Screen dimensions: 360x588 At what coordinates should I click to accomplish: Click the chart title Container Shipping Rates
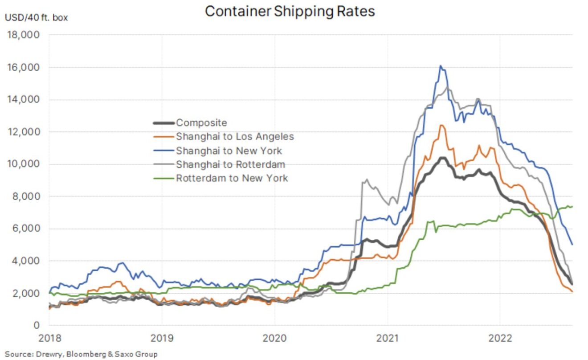click(x=290, y=11)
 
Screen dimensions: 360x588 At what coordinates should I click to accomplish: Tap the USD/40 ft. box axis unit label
click(x=37, y=18)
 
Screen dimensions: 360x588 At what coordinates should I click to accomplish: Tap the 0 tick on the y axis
click(x=37, y=325)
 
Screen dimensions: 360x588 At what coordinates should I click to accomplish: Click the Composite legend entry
click(x=201, y=123)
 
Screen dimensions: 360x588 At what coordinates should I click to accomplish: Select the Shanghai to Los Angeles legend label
click(x=235, y=136)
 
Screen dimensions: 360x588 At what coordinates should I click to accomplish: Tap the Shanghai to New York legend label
click(x=229, y=150)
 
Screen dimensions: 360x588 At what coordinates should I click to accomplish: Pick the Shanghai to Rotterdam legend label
click(x=230, y=164)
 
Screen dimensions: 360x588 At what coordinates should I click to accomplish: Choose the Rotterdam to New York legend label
click(x=232, y=178)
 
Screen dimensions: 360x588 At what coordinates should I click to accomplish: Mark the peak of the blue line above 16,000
click(x=440, y=66)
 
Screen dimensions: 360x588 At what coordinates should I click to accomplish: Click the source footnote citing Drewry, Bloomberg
click(x=81, y=354)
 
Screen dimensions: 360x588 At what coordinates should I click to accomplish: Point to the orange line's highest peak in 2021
click(x=441, y=125)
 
